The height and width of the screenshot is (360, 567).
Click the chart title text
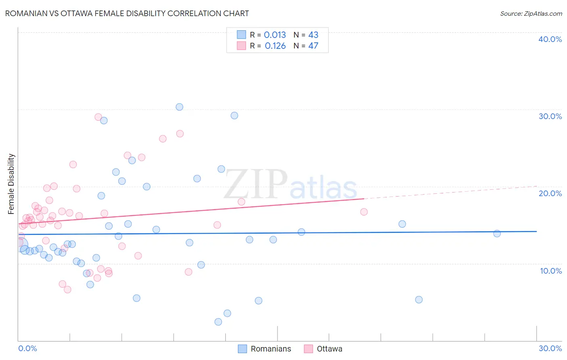[x=127, y=13]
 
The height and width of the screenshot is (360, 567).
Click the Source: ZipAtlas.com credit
[x=531, y=13]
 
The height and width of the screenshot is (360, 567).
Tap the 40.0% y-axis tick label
[x=550, y=39]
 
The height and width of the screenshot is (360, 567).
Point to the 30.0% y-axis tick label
[x=550, y=116]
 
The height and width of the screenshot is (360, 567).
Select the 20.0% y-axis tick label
[x=550, y=193]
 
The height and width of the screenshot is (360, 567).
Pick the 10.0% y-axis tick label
[x=550, y=271]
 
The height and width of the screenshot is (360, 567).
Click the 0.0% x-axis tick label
[x=27, y=348]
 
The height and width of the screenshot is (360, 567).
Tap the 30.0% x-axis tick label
[x=550, y=348]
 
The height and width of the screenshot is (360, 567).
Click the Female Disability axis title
[x=11, y=184]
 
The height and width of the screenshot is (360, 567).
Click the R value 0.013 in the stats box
[x=275, y=35]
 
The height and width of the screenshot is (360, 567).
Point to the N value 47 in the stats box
[x=313, y=46]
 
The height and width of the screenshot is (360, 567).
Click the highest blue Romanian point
[x=179, y=107]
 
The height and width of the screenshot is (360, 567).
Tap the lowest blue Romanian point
[x=218, y=322]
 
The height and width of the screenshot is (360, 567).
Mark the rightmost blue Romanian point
[x=497, y=234]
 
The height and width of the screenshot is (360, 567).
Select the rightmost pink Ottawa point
[x=364, y=212]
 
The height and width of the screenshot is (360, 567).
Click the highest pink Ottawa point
[x=98, y=117]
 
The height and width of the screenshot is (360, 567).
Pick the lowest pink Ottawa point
[x=67, y=289]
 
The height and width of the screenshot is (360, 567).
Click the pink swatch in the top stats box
[x=242, y=46]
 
